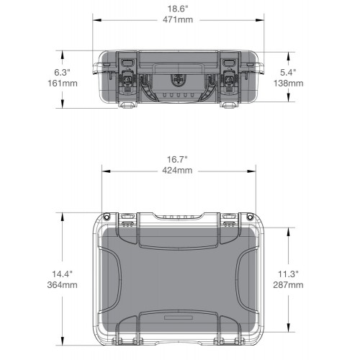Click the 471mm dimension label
click(x=178, y=19)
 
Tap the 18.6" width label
click(x=178, y=9)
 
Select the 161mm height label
click(x=63, y=84)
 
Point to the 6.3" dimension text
click(x=62, y=72)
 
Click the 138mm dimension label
click(x=288, y=84)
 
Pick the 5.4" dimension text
click(x=288, y=72)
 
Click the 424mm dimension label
click(x=177, y=171)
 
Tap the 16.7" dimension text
click(x=177, y=159)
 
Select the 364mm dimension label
click(x=63, y=285)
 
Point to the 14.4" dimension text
click(x=62, y=274)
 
